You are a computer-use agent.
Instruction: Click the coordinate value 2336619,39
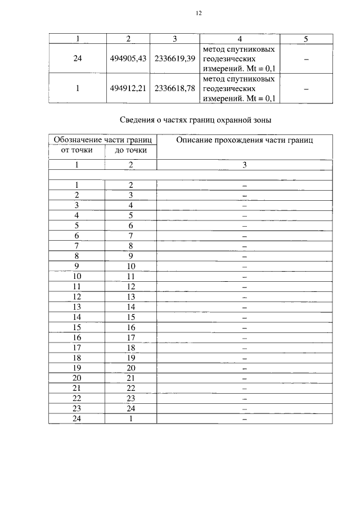point(175,58)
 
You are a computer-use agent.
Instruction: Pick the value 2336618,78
point(175,88)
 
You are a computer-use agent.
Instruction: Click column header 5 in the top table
point(305,39)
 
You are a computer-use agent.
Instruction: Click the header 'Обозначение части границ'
point(102,139)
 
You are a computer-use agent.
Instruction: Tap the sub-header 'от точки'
point(76,150)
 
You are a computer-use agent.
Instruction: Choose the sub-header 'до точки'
point(130,150)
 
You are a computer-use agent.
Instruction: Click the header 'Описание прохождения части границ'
point(245,139)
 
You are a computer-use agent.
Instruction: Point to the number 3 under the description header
point(245,165)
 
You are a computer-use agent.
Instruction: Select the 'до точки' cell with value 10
point(130,266)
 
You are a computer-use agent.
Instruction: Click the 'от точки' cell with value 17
point(77,348)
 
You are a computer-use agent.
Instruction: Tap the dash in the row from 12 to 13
point(245,297)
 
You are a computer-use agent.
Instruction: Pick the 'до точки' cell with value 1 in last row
point(130,418)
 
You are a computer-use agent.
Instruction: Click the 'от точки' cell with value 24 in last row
point(77,418)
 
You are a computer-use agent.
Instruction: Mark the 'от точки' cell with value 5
point(77,226)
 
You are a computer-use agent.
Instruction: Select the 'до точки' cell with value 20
point(130,368)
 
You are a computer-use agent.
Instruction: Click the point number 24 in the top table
point(77,58)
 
